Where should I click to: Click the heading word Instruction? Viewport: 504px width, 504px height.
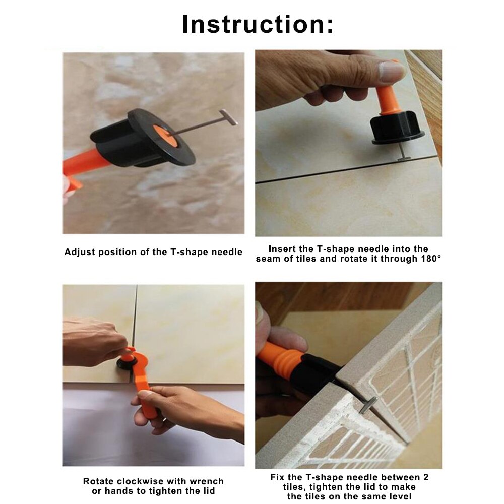[258, 24]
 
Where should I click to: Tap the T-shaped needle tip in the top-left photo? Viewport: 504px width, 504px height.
[228, 117]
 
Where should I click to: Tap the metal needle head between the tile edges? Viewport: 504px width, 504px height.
[367, 406]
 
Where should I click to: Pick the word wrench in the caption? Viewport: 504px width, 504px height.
[207, 481]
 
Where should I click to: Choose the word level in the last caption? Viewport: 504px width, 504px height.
[400, 496]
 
